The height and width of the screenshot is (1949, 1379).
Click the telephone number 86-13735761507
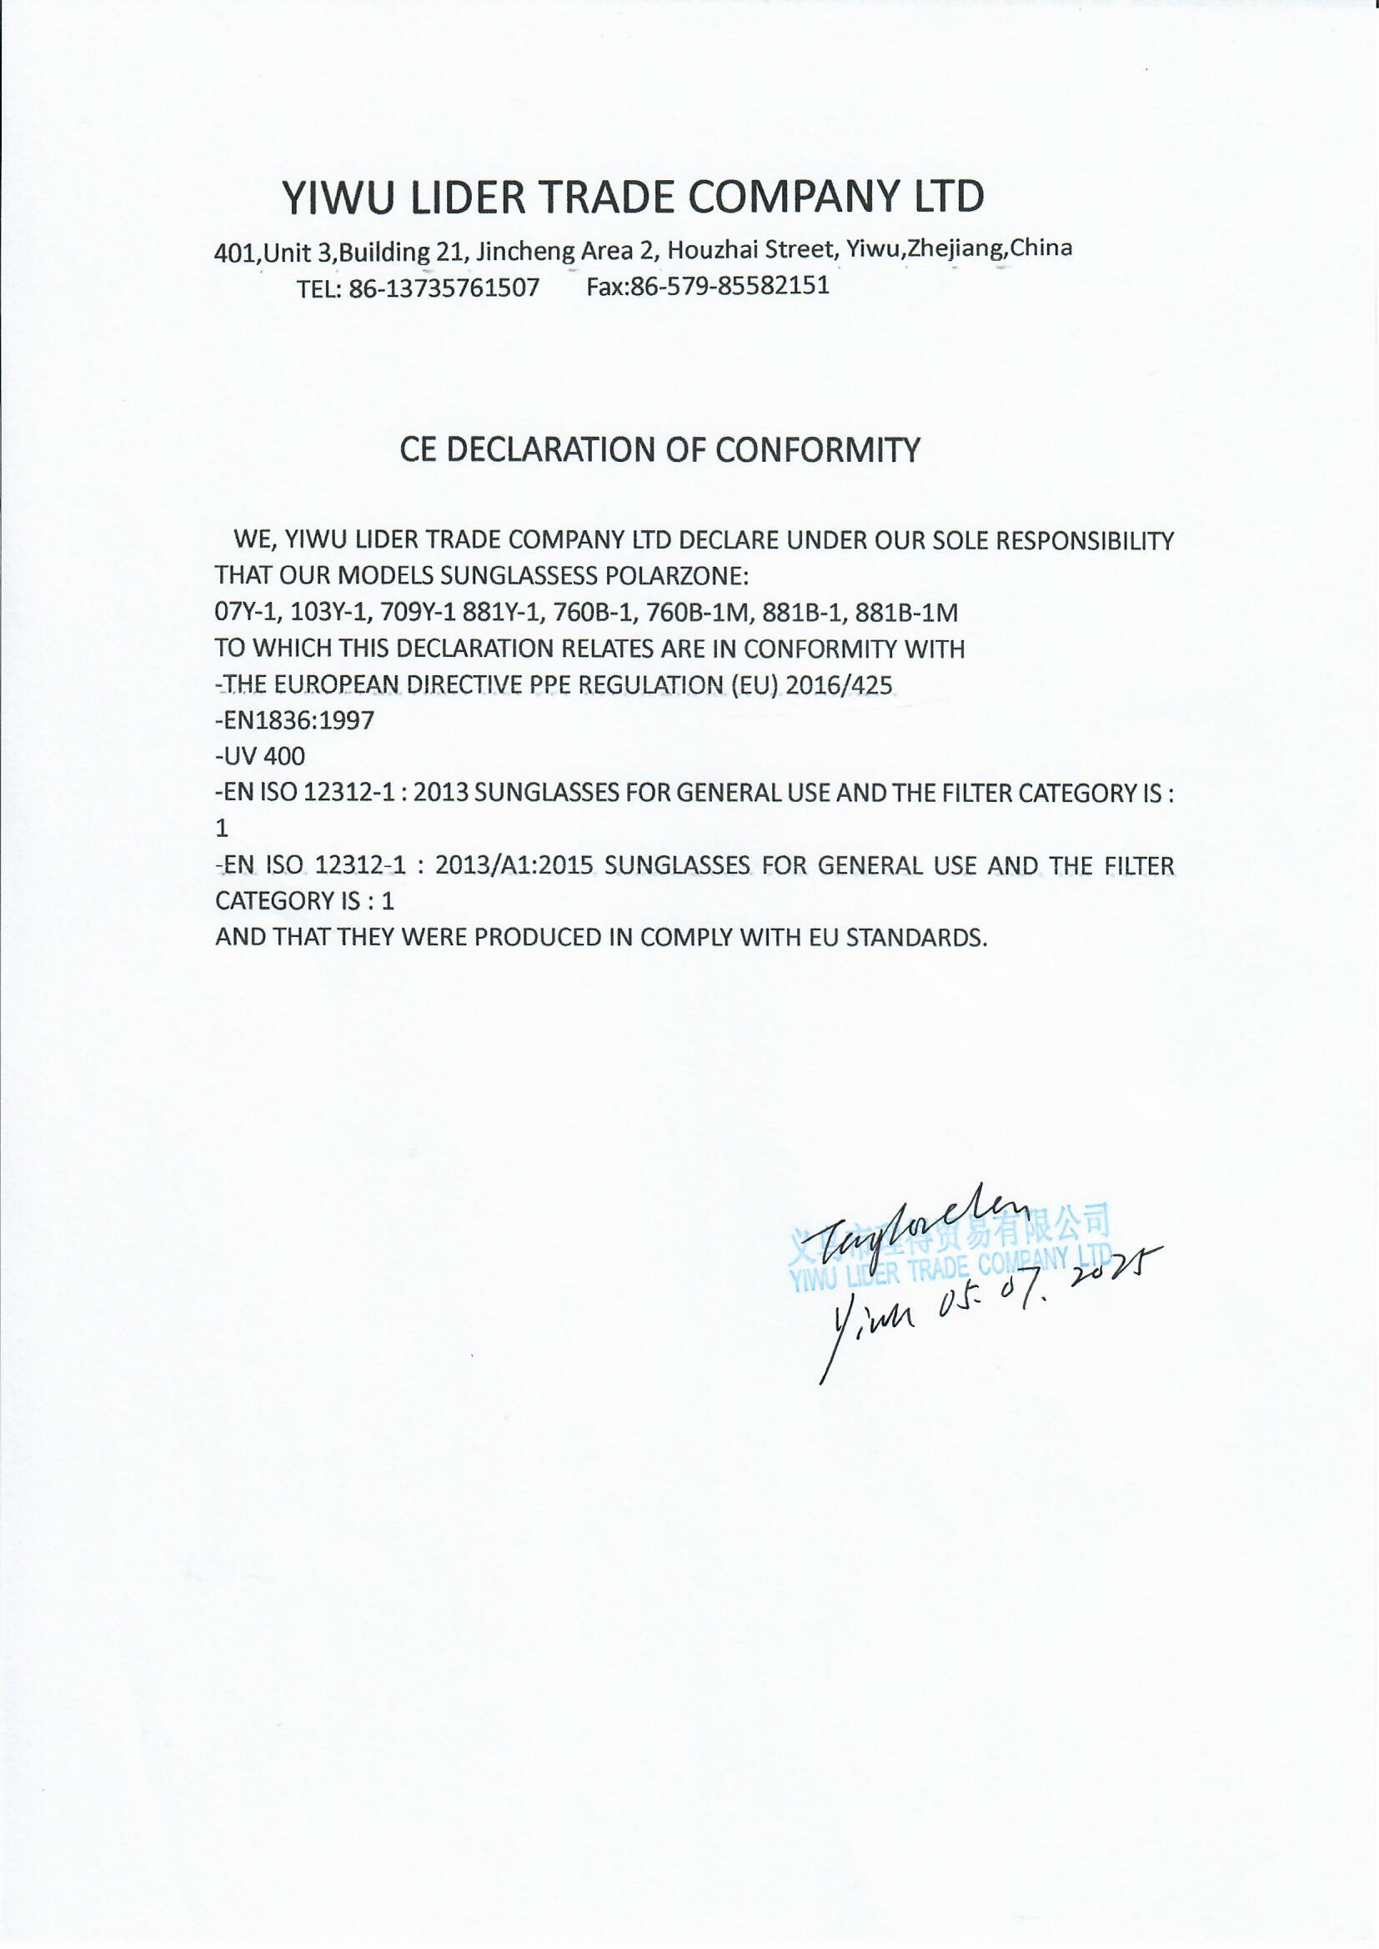coord(444,288)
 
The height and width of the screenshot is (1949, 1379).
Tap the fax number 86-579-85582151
coord(730,286)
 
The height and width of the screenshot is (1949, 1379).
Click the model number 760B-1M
coord(695,613)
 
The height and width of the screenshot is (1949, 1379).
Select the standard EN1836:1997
coord(294,722)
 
